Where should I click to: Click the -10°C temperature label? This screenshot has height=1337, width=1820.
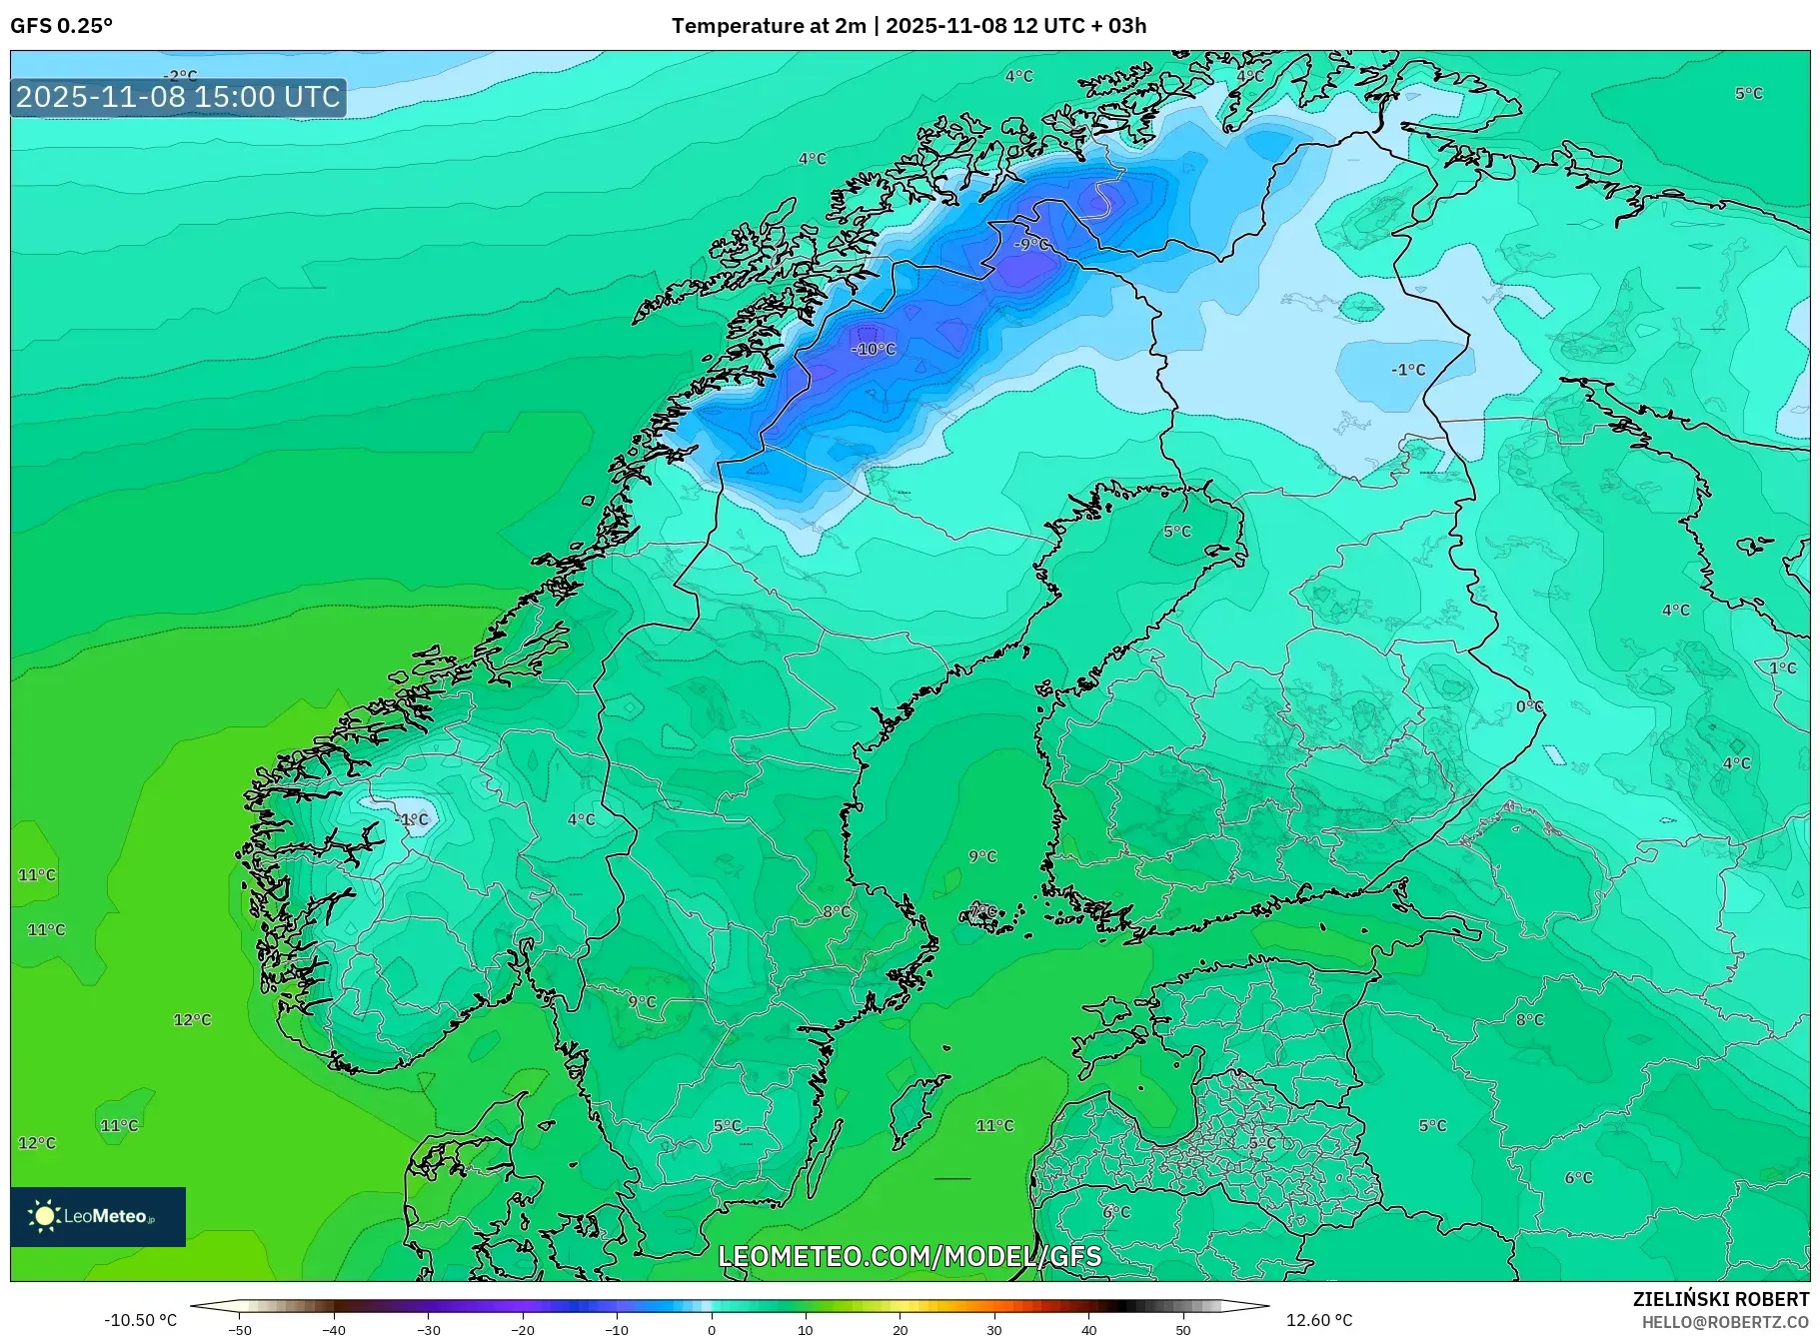point(874,349)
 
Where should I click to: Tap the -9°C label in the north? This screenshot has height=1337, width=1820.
point(1031,244)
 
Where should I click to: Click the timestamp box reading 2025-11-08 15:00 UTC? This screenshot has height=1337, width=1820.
point(178,97)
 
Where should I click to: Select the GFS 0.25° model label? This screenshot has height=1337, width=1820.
point(61,26)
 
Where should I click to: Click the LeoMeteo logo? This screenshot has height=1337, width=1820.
point(97,1216)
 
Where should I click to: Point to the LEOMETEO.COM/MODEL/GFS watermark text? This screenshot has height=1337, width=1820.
point(910,1256)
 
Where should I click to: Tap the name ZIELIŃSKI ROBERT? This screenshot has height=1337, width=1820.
point(1720,1299)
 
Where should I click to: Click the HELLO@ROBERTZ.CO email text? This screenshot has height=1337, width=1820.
point(1725,1322)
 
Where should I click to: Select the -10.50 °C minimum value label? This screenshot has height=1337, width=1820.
point(140,1320)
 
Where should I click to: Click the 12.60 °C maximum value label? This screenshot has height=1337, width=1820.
point(1319,1320)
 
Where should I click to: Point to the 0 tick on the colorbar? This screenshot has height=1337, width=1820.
point(711,1330)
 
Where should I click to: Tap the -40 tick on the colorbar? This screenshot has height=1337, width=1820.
point(334,1330)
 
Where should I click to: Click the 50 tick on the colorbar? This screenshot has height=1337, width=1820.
point(1182,1330)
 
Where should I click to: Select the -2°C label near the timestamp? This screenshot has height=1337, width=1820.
point(180,76)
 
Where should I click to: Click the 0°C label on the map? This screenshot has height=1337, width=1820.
point(1529,706)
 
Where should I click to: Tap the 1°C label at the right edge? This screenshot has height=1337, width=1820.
point(1782,668)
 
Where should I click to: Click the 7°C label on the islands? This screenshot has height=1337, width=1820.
point(982,910)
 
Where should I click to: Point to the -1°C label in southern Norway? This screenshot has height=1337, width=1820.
point(411,819)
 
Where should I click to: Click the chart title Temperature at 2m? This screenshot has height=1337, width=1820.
point(768,26)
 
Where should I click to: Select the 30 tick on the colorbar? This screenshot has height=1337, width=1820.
point(993,1330)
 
